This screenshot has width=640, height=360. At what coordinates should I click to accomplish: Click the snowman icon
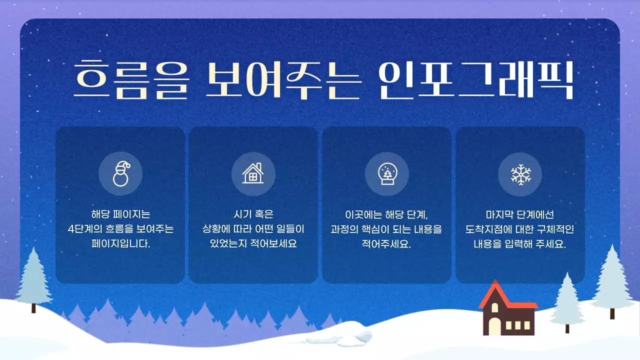[x=120, y=173]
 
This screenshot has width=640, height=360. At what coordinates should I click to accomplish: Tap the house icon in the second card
[x=253, y=173]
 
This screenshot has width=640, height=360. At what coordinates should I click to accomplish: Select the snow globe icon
[x=386, y=173]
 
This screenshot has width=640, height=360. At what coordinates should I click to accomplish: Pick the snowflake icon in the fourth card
[x=520, y=173]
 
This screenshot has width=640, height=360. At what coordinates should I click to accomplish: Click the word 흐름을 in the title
[x=132, y=80]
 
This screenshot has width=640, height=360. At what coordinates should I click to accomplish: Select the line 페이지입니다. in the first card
[x=120, y=244]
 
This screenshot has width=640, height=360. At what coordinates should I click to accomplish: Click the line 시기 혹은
[x=253, y=214]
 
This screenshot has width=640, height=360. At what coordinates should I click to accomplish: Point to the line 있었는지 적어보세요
[x=253, y=244]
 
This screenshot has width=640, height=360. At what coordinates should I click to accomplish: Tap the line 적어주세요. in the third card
[x=386, y=244]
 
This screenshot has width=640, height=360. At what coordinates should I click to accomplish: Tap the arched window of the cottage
[x=494, y=325]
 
